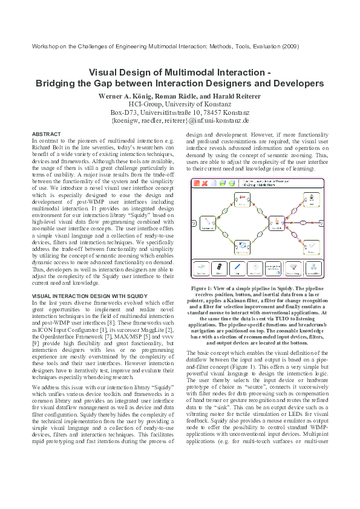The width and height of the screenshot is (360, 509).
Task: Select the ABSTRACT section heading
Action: tap(45, 134)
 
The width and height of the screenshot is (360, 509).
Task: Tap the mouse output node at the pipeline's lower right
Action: tap(310, 245)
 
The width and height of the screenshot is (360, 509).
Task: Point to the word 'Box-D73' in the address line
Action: tap(123, 112)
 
